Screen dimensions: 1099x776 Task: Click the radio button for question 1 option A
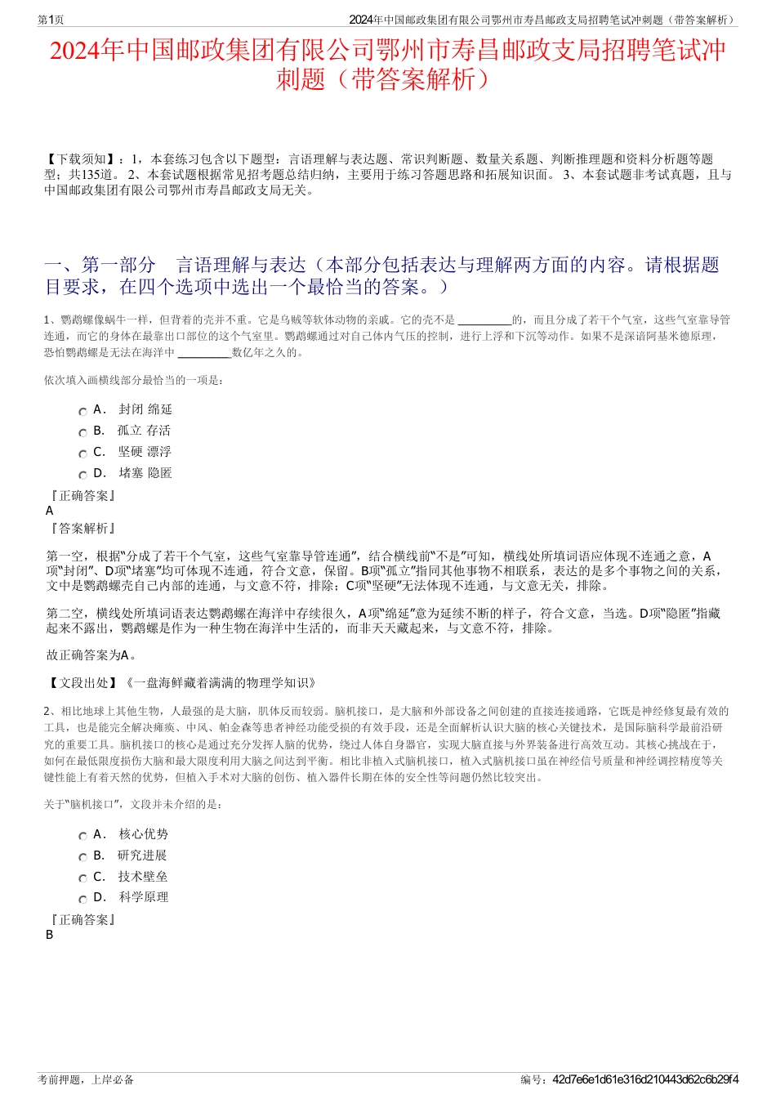(x=83, y=412)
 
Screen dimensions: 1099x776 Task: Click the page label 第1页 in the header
(x=51, y=20)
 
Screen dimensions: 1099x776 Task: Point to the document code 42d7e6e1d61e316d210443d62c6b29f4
(x=645, y=1079)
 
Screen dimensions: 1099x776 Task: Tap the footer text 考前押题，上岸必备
(x=86, y=1079)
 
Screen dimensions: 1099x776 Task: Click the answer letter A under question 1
(x=50, y=511)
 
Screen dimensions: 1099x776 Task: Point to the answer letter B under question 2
(x=50, y=935)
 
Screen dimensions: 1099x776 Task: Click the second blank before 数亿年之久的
(x=204, y=353)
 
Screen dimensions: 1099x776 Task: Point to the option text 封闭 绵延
(x=145, y=409)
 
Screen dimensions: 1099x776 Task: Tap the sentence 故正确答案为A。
(x=91, y=655)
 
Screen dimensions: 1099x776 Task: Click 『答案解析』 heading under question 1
(x=83, y=529)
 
